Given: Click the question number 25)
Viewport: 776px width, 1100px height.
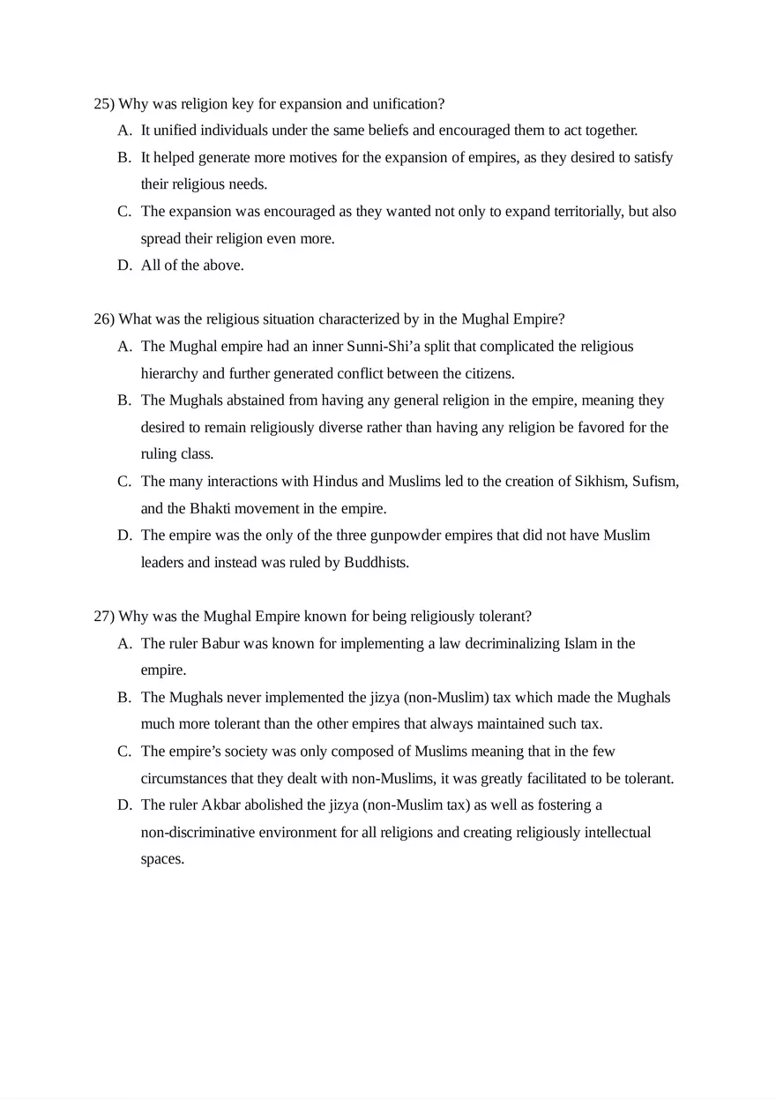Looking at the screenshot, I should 104,104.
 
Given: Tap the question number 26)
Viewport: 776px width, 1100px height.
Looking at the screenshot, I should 104,319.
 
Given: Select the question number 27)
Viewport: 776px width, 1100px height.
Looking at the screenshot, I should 104,616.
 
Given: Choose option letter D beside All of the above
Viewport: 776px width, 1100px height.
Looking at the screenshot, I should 123,266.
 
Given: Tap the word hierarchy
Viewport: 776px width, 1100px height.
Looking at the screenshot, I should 169,374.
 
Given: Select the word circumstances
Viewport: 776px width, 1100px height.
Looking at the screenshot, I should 183,779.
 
